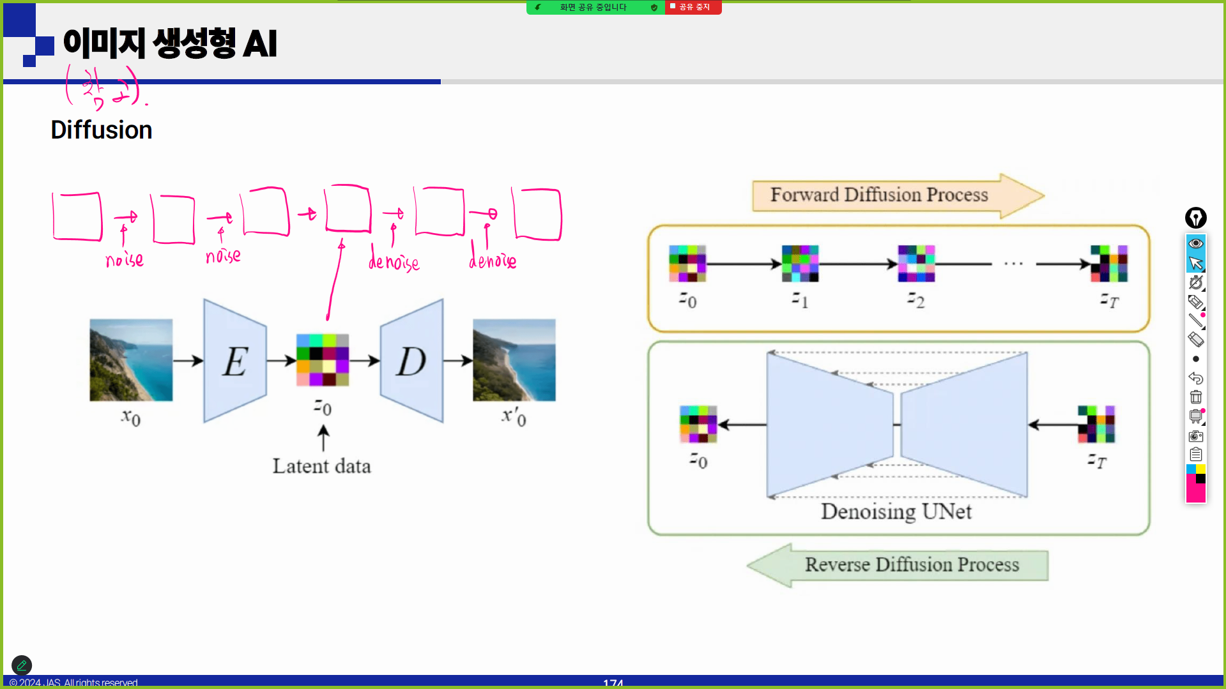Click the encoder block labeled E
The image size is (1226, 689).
(235, 361)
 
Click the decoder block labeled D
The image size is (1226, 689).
(411, 361)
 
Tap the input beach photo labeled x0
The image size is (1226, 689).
(131, 360)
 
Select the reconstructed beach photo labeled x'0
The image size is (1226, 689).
(514, 360)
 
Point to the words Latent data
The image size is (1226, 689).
(321, 466)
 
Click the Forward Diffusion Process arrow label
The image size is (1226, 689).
(879, 195)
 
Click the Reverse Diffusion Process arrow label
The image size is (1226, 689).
(912, 564)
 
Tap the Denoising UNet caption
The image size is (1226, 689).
(896, 511)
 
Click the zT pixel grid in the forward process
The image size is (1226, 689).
(1108, 264)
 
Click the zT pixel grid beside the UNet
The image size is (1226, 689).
(1096, 424)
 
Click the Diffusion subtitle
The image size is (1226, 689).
(102, 130)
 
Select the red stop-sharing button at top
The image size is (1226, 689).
(693, 7)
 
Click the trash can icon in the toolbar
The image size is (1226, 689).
(1196, 397)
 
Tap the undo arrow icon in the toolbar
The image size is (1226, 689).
(1196, 378)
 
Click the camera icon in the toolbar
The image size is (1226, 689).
(1196, 436)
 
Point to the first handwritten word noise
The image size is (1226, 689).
(125, 259)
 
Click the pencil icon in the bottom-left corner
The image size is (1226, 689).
(22, 665)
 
